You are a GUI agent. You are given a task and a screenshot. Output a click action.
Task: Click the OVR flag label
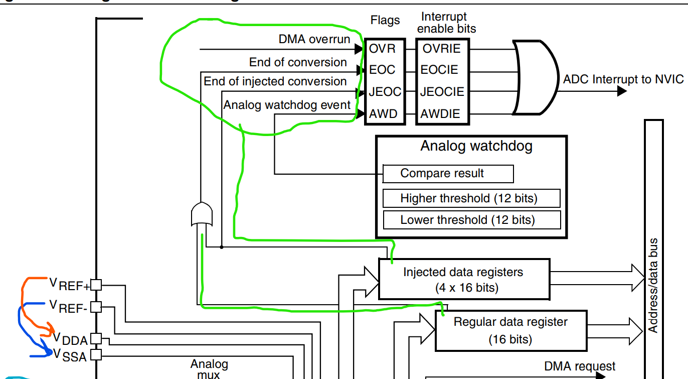pyautogui.click(x=383, y=49)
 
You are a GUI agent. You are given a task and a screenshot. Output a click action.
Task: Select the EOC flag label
pyautogui.click(x=383, y=70)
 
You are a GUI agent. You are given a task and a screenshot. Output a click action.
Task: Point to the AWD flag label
pyautogui.click(x=384, y=114)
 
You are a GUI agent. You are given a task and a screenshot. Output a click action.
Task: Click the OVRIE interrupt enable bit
pyautogui.click(x=441, y=49)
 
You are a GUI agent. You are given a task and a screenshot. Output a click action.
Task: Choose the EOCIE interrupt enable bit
pyautogui.click(x=440, y=70)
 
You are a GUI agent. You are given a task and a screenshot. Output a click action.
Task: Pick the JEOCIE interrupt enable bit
pyautogui.click(x=442, y=92)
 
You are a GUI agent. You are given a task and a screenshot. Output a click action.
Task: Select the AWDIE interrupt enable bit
pyautogui.click(x=440, y=114)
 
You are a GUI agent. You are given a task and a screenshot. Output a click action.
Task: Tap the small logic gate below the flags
pyautogui.click(x=202, y=214)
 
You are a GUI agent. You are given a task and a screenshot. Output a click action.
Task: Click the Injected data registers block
pyautogui.click(x=463, y=280)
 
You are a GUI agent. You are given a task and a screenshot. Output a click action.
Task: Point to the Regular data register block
pyautogui.click(x=510, y=330)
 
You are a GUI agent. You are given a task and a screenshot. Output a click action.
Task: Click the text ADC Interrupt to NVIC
pyautogui.click(x=623, y=79)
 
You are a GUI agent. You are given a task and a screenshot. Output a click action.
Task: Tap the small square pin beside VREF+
pyautogui.click(x=96, y=285)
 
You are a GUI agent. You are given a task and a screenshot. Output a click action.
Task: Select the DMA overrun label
pyautogui.click(x=314, y=39)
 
